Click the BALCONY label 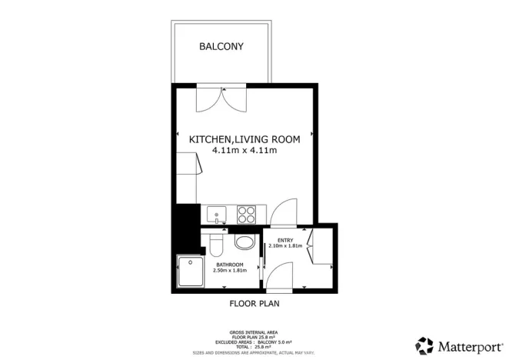click(x=221, y=46)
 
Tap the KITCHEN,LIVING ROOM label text click(x=245, y=139)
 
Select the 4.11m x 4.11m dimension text click(x=245, y=151)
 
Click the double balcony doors click(x=220, y=100)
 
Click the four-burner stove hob click(x=248, y=213)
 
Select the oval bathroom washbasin click(x=246, y=244)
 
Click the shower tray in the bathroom click(x=189, y=272)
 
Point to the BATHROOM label click(x=231, y=264)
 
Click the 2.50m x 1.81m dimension click(x=231, y=270)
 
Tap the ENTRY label click(x=286, y=240)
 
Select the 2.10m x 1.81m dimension click(x=286, y=246)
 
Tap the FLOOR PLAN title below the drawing click(x=254, y=303)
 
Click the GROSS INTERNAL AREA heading click(x=254, y=332)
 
